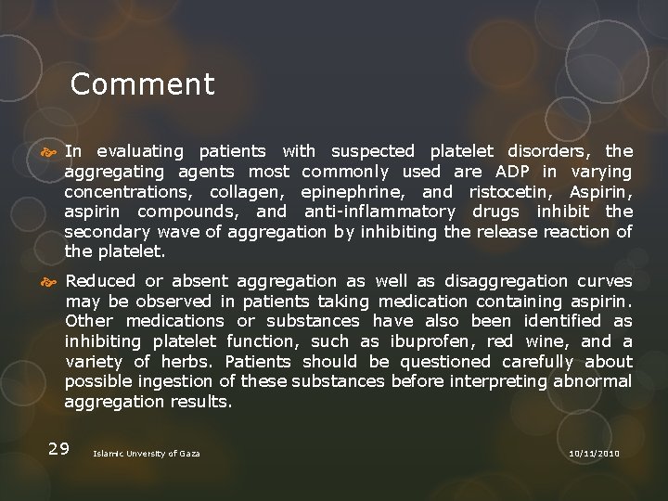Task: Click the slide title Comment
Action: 142,84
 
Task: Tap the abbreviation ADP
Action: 514,172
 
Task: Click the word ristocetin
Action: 510,192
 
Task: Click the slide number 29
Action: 58,449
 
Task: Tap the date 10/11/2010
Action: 594,453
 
